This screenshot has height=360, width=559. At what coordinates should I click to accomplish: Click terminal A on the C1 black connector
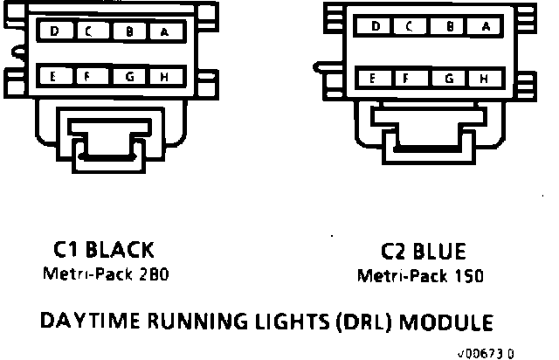coord(164,32)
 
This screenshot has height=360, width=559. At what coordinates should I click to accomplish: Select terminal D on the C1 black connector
coord(55,32)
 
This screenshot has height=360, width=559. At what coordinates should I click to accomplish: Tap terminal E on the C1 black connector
coord(55,77)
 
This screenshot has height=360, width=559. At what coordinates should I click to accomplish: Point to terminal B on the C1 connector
coord(129,32)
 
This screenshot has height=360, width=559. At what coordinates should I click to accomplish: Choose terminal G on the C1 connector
coord(129,77)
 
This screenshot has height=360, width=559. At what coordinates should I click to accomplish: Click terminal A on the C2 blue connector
coord(487,27)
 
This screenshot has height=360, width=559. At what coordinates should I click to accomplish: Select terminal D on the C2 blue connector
coord(376,27)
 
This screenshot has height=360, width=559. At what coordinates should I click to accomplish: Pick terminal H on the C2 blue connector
coord(483,78)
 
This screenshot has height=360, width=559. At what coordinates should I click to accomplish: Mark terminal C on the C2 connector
coord(408,27)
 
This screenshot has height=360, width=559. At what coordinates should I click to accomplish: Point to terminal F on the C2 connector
coord(408,78)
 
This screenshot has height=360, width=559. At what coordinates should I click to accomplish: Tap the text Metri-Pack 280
coord(105,273)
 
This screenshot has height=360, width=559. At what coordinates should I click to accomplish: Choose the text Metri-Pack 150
coord(421,275)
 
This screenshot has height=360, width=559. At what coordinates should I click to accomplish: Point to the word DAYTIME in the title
coord(90,321)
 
